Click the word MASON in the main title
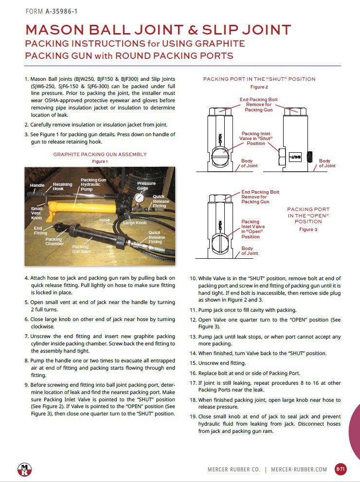(x=55, y=30)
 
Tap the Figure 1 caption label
(x=100, y=161)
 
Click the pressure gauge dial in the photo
(x=140, y=198)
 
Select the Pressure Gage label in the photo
(x=146, y=186)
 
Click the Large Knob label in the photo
(x=135, y=223)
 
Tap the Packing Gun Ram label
(x=82, y=250)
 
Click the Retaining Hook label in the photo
(x=62, y=187)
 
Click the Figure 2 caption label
(x=259, y=87)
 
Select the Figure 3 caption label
(x=308, y=229)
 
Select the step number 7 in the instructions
(x=27, y=336)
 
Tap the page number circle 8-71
(x=341, y=469)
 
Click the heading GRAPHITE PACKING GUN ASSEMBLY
(x=100, y=154)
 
